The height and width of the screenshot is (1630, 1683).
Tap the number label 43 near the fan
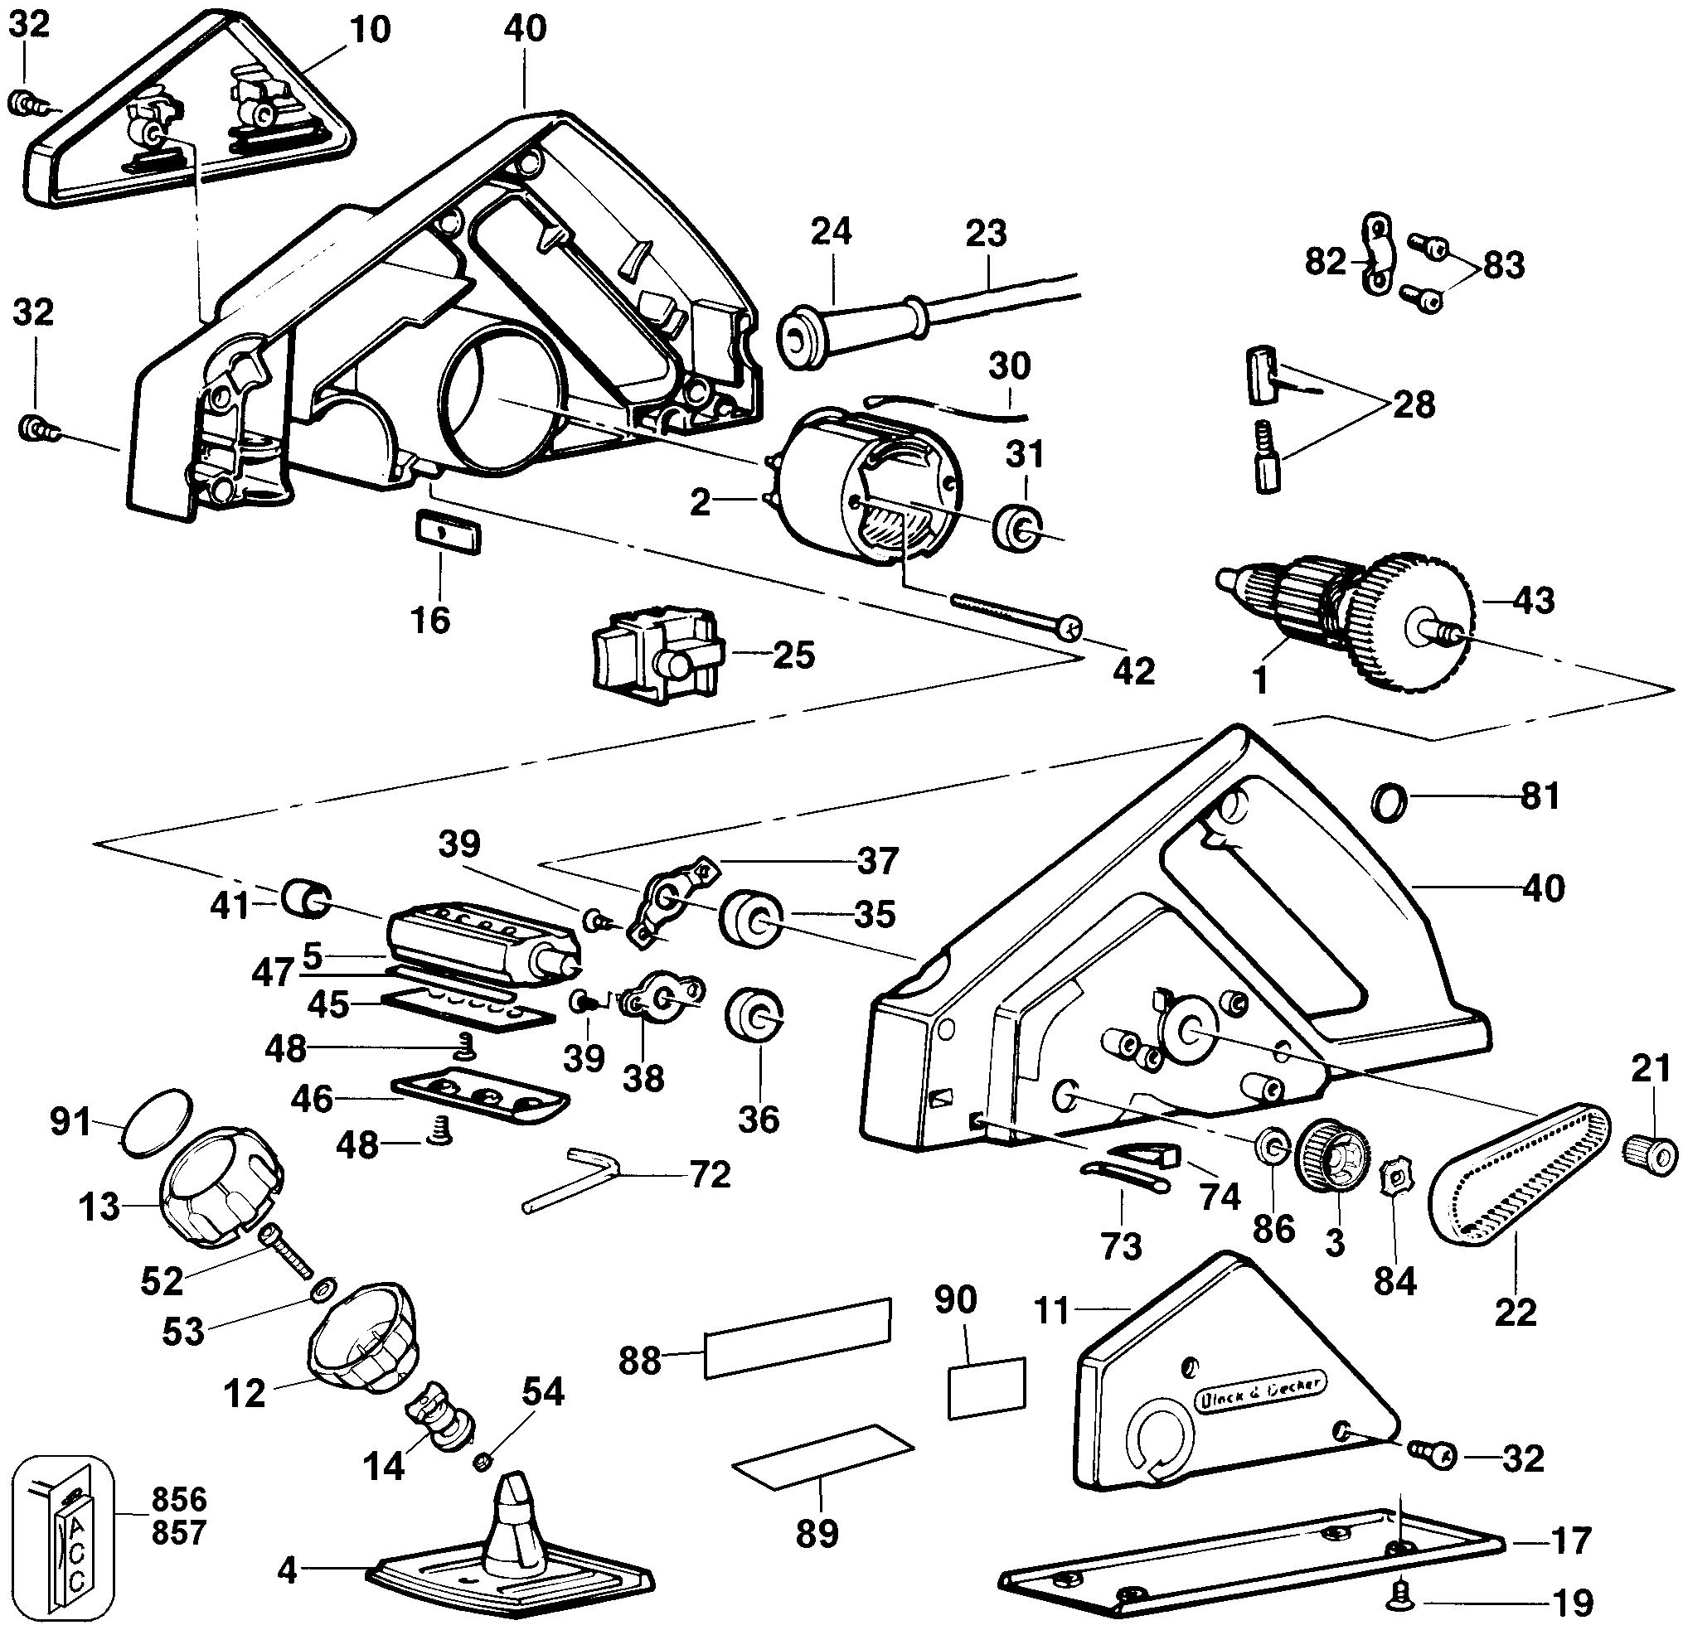tap(1534, 600)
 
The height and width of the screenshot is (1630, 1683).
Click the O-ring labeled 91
tap(155, 1124)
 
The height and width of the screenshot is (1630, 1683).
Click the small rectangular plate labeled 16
tap(448, 534)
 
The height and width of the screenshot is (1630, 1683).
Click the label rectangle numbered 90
tap(987, 1387)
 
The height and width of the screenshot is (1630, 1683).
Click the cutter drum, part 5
tap(481, 941)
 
